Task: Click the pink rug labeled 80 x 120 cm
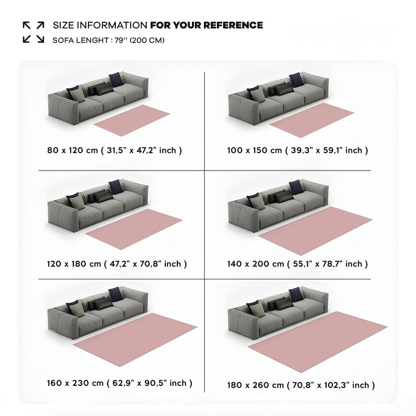click(x=132, y=120)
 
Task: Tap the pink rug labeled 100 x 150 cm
click(x=311, y=120)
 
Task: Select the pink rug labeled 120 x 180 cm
click(x=134, y=229)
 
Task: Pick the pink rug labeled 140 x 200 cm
click(x=316, y=230)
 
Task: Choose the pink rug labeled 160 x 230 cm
click(x=135, y=340)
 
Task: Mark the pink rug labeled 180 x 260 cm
click(x=318, y=342)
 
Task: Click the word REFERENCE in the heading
click(x=233, y=25)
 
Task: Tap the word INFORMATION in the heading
click(x=112, y=25)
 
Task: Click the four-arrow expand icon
click(x=33, y=32)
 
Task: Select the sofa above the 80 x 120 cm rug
click(x=98, y=98)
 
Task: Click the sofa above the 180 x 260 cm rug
click(x=278, y=313)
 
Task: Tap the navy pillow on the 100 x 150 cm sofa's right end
click(x=296, y=80)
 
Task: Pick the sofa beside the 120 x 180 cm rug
click(x=98, y=205)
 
